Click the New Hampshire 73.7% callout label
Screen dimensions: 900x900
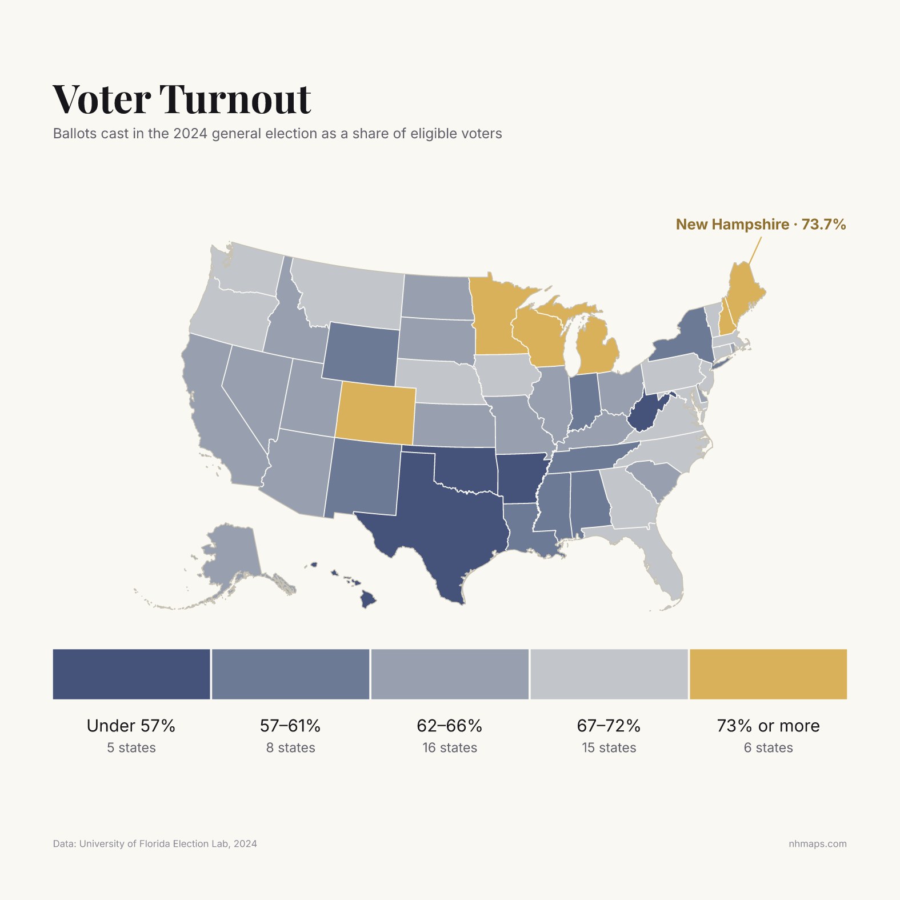point(761,225)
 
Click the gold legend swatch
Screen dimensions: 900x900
point(768,674)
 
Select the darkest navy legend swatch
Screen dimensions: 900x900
point(131,674)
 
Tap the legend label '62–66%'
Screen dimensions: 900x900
point(450,726)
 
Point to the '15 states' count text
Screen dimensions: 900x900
point(609,748)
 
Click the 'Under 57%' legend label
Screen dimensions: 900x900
point(131,726)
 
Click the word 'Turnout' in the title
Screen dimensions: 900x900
point(235,99)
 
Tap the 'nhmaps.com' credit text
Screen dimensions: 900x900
point(818,844)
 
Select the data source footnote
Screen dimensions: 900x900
point(155,844)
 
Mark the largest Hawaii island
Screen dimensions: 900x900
point(369,599)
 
